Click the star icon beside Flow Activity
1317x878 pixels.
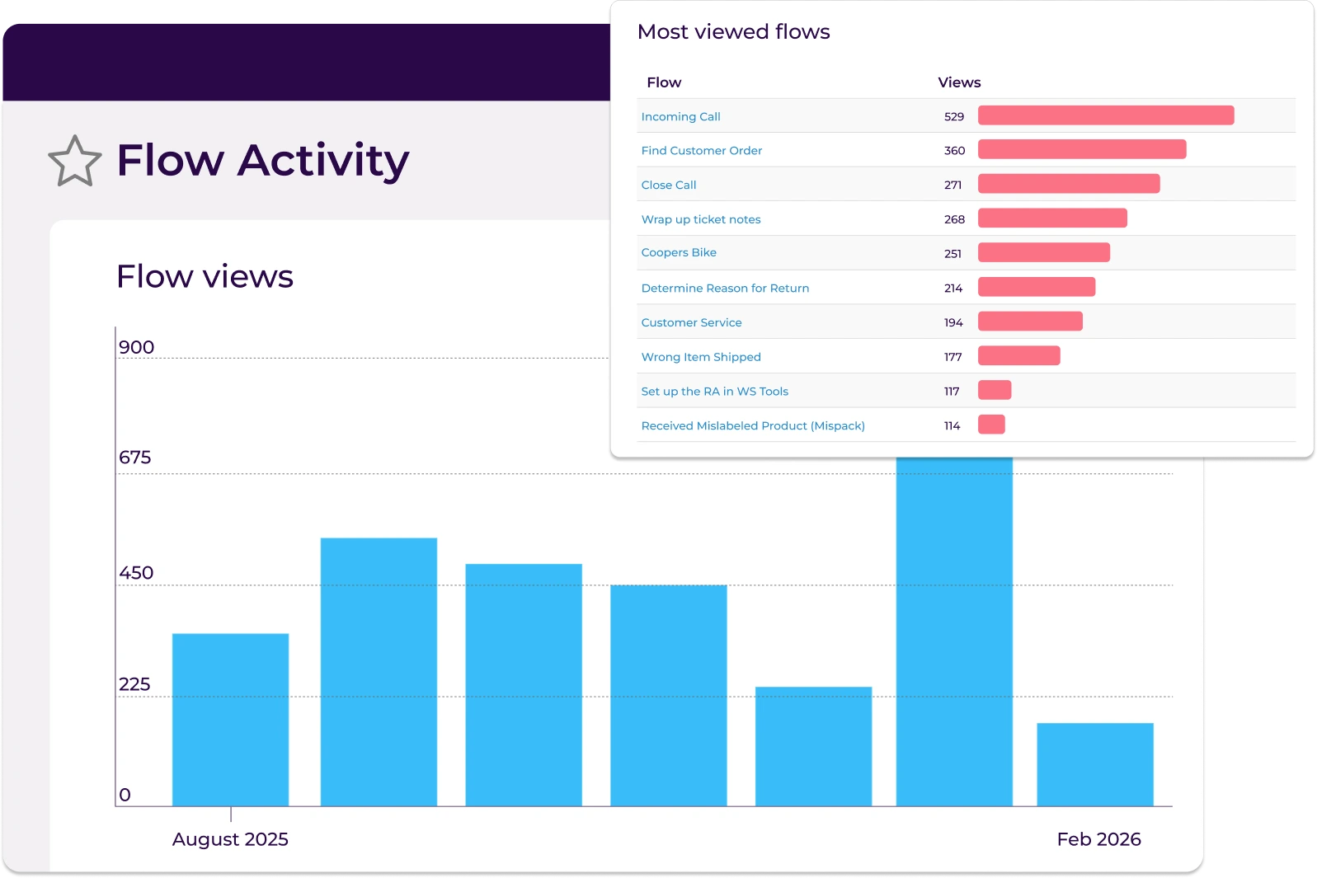coord(75,162)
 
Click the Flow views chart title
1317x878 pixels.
coord(205,277)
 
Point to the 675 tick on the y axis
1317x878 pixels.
coord(135,458)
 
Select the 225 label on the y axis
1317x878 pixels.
coord(134,684)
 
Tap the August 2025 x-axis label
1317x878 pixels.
coord(230,839)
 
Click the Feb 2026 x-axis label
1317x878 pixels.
coord(1098,839)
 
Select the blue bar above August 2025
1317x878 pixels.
coord(230,719)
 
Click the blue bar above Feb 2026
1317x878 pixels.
coord(1094,764)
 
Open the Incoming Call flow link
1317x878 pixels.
coord(680,117)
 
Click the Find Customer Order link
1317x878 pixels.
coord(701,151)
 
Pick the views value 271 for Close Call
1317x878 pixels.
coord(952,185)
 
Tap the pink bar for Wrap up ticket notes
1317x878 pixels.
coord(1051,218)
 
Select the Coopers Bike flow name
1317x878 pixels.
coord(679,253)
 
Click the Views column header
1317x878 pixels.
coord(959,82)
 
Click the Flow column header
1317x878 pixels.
coord(664,82)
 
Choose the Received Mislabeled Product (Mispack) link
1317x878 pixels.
coord(752,426)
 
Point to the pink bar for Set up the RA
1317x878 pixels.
coord(994,390)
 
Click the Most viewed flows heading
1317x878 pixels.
coord(733,32)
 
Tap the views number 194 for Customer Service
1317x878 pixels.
coord(953,323)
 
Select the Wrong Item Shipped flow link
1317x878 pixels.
coord(700,357)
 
